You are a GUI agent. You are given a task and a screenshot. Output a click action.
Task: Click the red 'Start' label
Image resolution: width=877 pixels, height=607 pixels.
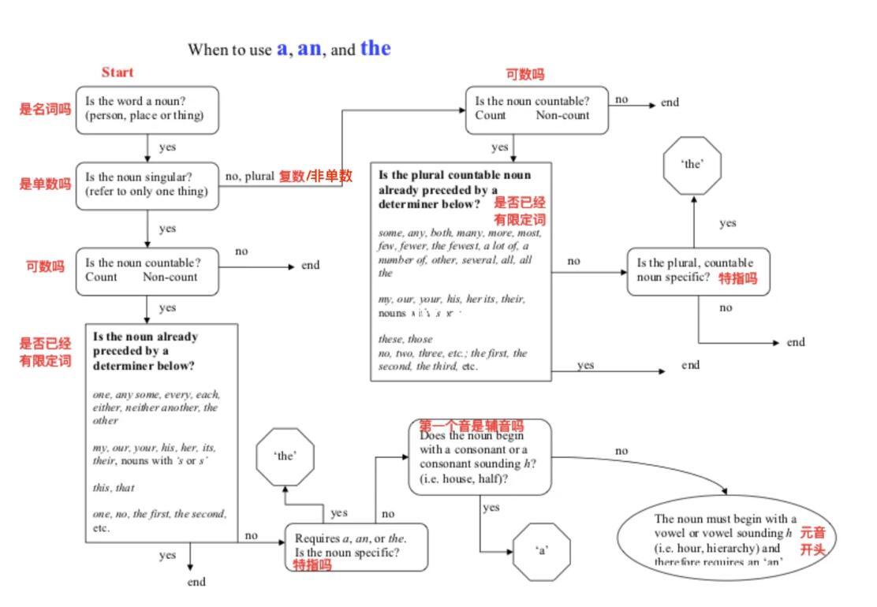pyautogui.click(x=118, y=73)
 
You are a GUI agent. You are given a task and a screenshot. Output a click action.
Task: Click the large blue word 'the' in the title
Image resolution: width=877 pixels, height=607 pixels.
pyautogui.click(x=375, y=48)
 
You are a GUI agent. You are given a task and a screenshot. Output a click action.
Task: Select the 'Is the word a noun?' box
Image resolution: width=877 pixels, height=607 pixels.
pyautogui.click(x=147, y=110)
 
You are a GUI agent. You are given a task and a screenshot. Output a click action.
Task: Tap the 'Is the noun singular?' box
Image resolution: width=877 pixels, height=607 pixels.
pyautogui.click(x=147, y=185)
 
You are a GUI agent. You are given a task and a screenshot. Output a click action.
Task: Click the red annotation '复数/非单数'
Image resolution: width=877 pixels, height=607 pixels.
pyautogui.click(x=315, y=176)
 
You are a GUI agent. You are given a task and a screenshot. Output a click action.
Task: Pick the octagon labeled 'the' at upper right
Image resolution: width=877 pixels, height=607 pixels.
pyautogui.click(x=692, y=165)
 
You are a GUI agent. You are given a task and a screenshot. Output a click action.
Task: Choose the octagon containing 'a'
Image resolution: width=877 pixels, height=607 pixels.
pyautogui.click(x=542, y=551)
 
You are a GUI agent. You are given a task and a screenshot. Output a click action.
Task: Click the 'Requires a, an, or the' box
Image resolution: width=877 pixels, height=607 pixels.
pyautogui.click(x=356, y=546)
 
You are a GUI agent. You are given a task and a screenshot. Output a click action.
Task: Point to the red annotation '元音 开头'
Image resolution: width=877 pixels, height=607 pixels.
pyautogui.click(x=812, y=542)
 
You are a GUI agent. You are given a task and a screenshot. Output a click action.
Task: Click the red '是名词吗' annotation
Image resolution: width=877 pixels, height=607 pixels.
pyautogui.click(x=45, y=110)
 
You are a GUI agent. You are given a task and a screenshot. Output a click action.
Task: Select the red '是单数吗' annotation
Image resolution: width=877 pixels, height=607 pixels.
pyautogui.click(x=45, y=184)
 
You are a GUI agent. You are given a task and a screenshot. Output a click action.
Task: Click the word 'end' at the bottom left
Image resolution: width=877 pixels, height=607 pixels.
pyautogui.click(x=196, y=582)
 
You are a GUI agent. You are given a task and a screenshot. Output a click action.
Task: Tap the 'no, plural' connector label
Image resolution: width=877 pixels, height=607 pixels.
pyautogui.click(x=249, y=176)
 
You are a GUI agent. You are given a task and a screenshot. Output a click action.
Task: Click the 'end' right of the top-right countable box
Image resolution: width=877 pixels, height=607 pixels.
pyautogui.click(x=670, y=102)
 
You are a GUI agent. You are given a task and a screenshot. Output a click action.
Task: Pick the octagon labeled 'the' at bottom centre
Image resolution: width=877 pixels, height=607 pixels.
pyautogui.click(x=285, y=456)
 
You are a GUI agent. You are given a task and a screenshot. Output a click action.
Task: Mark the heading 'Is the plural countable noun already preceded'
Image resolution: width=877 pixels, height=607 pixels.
pyautogui.click(x=455, y=189)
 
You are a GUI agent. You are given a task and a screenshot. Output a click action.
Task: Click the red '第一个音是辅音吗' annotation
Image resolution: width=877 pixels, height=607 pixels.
pyautogui.click(x=471, y=426)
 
